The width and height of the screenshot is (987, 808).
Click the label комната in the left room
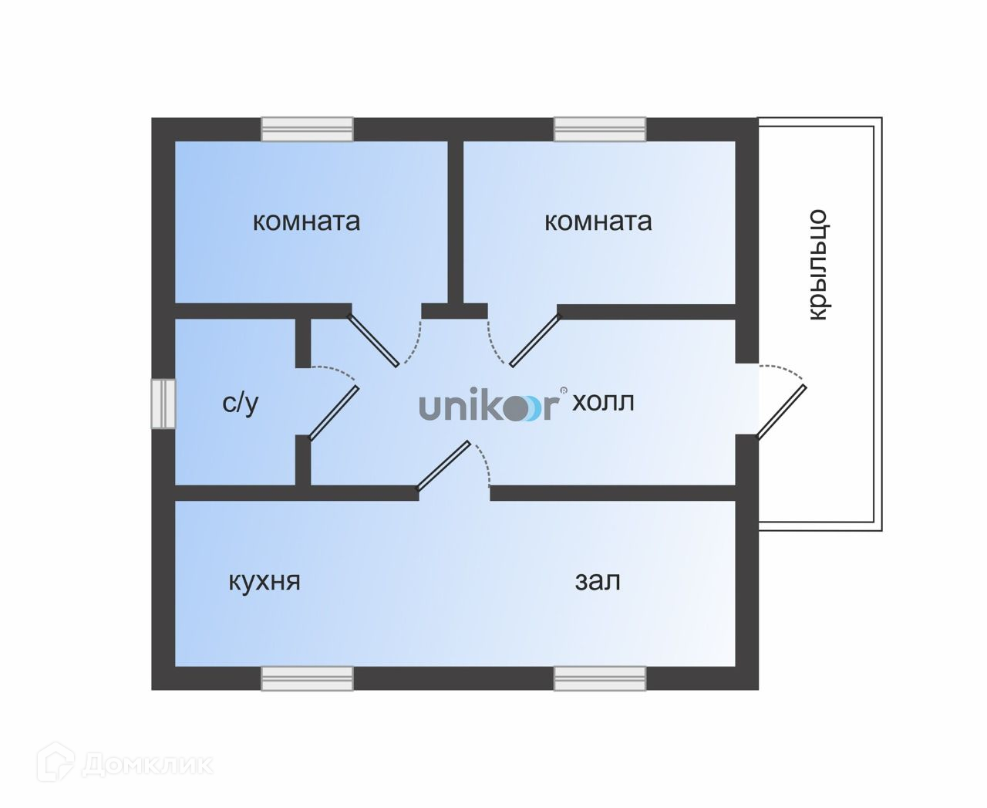pyautogui.click(x=306, y=221)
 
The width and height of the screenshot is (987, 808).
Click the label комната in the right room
pyautogui.click(x=598, y=221)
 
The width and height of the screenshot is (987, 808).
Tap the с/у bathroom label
pyautogui.click(x=240, y=403)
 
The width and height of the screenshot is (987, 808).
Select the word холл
pyautogui.click(x=603, y=402)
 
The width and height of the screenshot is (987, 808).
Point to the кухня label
pyautogui.click(x=264, y=581)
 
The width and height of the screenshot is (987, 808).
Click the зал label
pyautogui.click(x=598, y=581)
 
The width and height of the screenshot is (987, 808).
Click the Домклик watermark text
pyautogui.click(x=147, y=764)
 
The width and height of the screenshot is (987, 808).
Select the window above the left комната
pyautogui.click(x=307, y=129)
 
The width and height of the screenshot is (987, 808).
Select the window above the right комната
pyautogui.click(x=600, y=129)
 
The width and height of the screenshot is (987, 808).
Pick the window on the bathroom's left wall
pyautogui.click(x=163, y=403)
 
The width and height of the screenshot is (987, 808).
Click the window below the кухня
pyautogui.click(x=307, y=678)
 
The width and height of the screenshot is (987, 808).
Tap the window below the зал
pyautogui.click(x=600, y=678)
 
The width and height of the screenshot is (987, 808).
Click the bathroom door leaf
pyautogui.click(x=334, y=412)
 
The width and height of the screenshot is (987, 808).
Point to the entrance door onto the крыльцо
pyautogui.click(x=782, y=412)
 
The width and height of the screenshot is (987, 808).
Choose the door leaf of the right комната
pyautogui.click(x=534, y=340)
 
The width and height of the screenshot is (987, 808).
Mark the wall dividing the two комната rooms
pyautogui.click(x=456, y=224)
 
